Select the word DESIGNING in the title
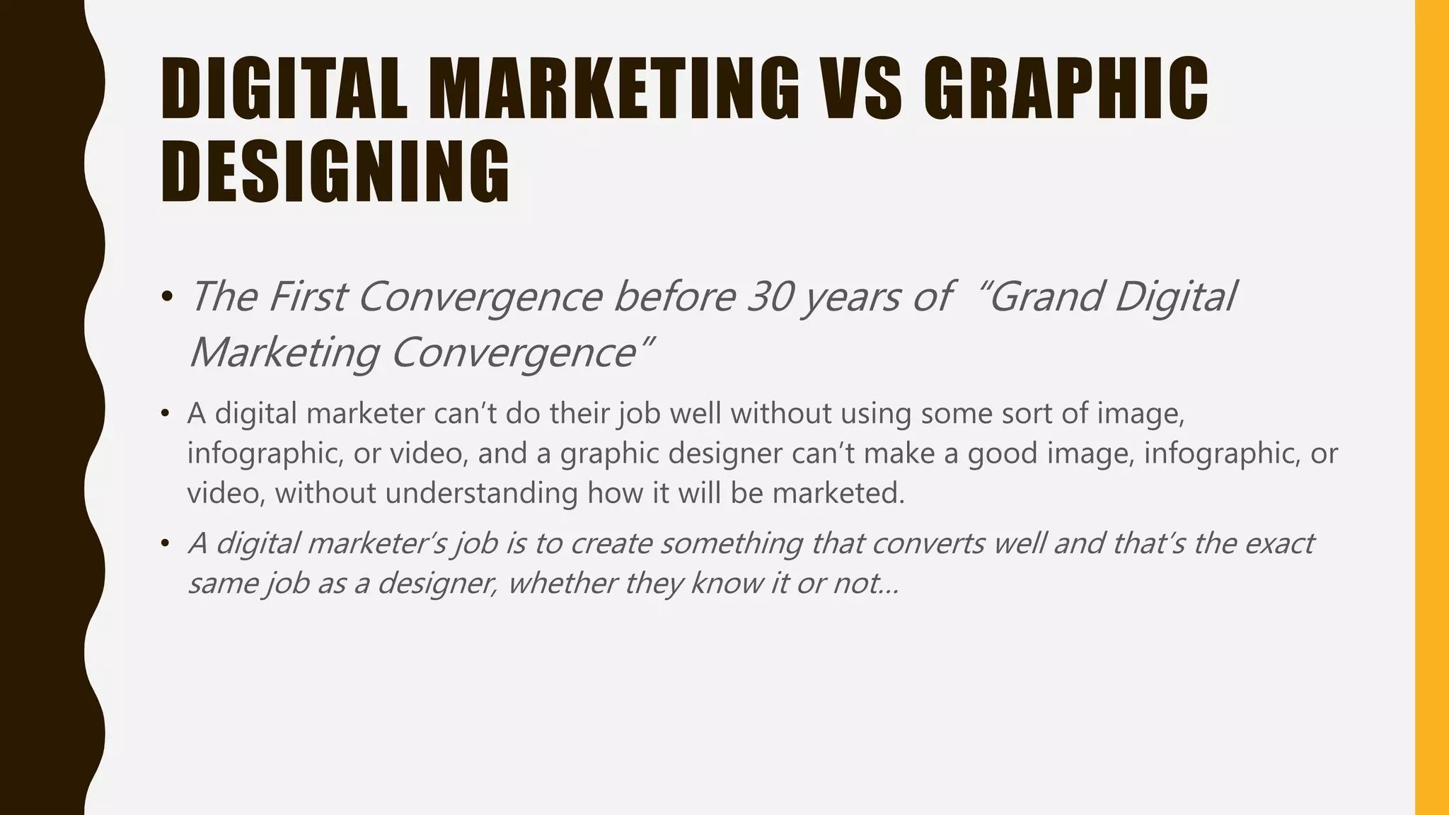pyautogui.click(x=335, y=172)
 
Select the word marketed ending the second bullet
pyautogui.click(x=838, y=492)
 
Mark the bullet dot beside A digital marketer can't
pyautogui.click(x=166, y=414)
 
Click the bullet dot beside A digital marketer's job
pyautogui.click(x=166, y=544)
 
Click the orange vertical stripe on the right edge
pyautogui.click(x=1431, y=407)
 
